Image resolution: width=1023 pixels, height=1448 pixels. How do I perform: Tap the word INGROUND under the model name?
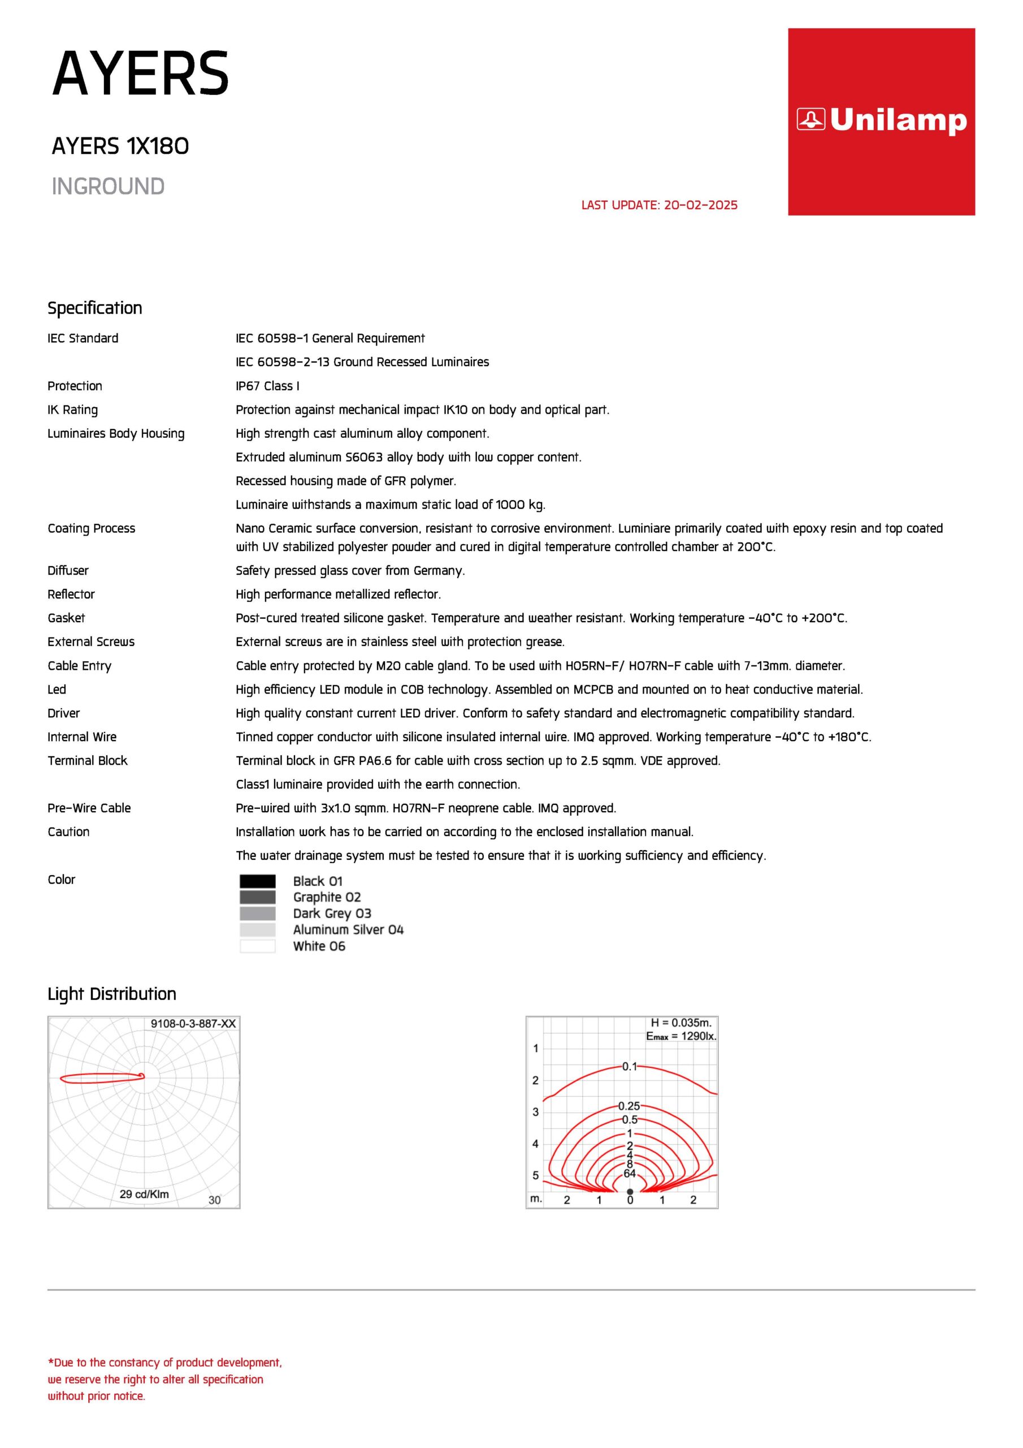(108, 187)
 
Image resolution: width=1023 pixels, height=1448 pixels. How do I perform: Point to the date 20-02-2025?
(700, 205)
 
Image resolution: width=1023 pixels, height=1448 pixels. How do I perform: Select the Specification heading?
(94, 308)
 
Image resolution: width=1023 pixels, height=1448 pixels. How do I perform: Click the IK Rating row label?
(72, 410)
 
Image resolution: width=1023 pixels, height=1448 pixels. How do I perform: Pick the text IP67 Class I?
(267, 386)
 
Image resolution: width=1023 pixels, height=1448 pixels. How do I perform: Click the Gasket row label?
(66, 618)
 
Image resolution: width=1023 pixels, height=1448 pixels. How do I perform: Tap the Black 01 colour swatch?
(257, 881)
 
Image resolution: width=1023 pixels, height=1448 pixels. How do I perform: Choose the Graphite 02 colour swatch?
(257, 898)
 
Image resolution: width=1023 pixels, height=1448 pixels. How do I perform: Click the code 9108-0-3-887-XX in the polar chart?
(193, 1024)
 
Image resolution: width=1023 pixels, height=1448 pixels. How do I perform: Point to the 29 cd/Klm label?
(144, 1194)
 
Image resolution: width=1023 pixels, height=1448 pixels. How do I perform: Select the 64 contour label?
(630, 1174)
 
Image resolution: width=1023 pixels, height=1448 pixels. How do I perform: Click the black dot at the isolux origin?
(630, 1191)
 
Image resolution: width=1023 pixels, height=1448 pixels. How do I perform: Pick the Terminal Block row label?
(88, 761)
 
